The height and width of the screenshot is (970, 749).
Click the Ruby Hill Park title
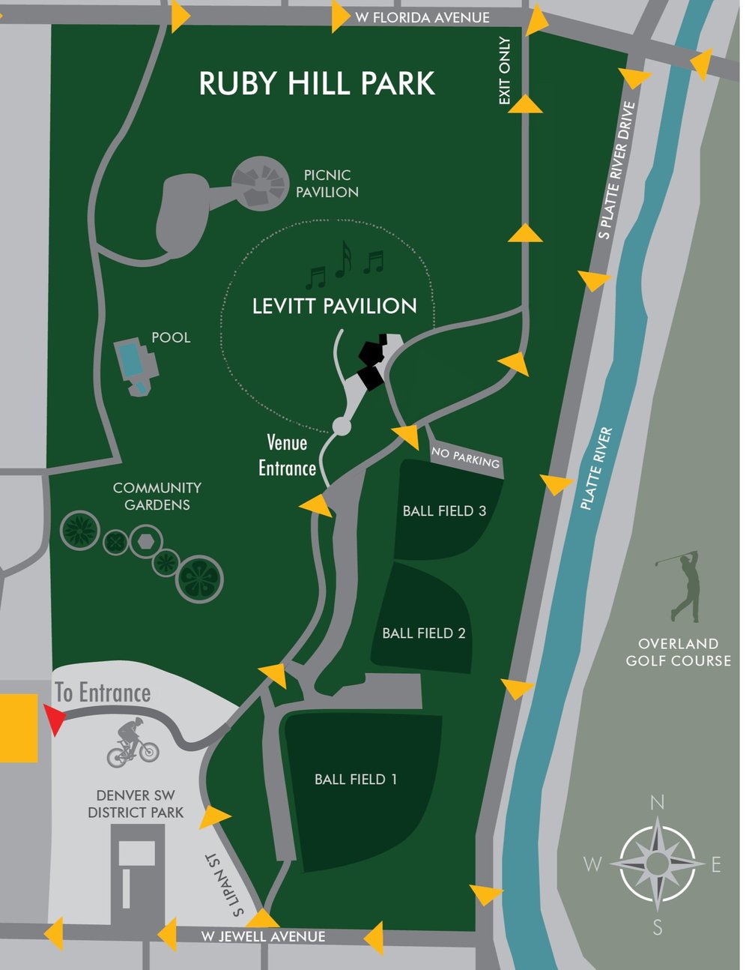[317, 83]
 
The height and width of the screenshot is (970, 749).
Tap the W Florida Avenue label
[422, 17]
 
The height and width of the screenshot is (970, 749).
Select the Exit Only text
[505, 71]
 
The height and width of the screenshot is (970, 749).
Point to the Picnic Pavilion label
[327, 184]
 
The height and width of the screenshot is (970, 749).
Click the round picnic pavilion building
[259, 183]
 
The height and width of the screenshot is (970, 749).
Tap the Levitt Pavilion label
[334, 306]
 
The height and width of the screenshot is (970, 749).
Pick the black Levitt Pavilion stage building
[372, 361]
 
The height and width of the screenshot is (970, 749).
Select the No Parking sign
[465, 457]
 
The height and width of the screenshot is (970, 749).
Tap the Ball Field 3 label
[444, 511]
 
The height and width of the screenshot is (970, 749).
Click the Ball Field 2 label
[423, 633]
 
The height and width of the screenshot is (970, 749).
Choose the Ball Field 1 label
[356, 780]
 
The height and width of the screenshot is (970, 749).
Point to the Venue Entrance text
[287, 456]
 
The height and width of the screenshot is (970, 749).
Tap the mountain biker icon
[133, 743]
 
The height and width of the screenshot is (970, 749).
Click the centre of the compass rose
[657, 864]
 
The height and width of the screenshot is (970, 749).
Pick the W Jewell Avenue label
[263, 936]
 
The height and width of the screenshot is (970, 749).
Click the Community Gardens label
[157, 496]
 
